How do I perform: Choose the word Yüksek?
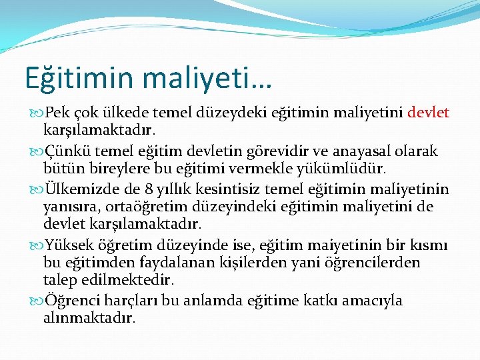(69, 244)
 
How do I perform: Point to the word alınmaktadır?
(89, 318)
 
